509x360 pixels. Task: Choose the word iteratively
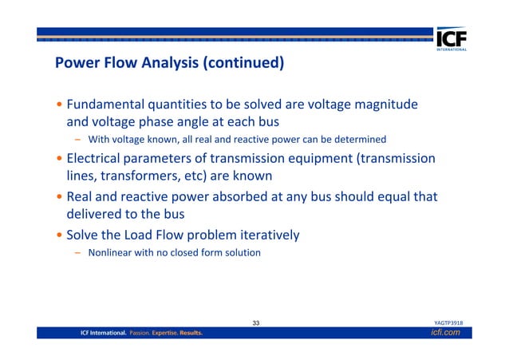point(262,235)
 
